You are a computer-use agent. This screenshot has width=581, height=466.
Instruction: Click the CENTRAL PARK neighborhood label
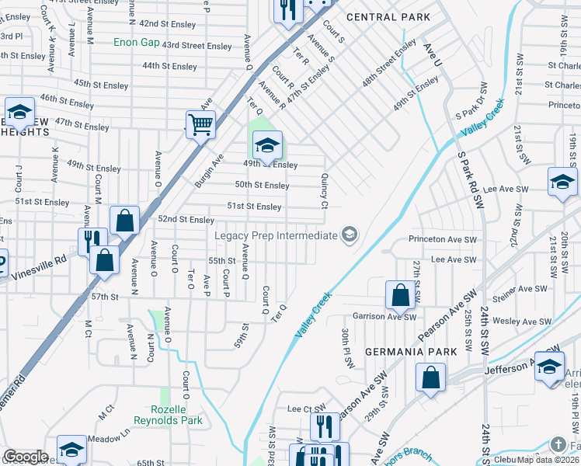coord(388,17)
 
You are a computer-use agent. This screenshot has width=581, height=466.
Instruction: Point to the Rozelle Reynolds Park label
coord(179,415)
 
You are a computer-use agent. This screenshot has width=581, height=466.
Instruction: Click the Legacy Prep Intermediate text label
coord(274,235)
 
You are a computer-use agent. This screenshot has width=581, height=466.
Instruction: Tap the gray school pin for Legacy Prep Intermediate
coord(350,235)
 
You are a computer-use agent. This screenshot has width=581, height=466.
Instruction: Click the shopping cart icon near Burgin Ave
coord(200,123)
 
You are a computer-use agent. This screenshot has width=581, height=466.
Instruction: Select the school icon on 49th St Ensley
coord(267,144)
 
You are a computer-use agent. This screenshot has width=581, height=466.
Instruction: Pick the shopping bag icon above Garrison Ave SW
coord(400,294)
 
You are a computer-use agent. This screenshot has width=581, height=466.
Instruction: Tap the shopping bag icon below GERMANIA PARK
coord(430,378)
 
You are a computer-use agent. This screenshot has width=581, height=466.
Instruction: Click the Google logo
coord(25,457)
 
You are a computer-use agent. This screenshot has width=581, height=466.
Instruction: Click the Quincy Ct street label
coord(325,190)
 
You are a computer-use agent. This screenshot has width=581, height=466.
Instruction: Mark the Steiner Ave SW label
coord(524,289)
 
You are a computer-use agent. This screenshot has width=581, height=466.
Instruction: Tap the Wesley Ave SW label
coord(521,321)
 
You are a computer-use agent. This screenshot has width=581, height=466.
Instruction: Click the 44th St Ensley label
coord(169,67)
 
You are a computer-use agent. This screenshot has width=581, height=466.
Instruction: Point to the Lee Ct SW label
coord(305,409)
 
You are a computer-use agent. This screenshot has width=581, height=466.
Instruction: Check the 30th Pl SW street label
coord(346,342)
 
